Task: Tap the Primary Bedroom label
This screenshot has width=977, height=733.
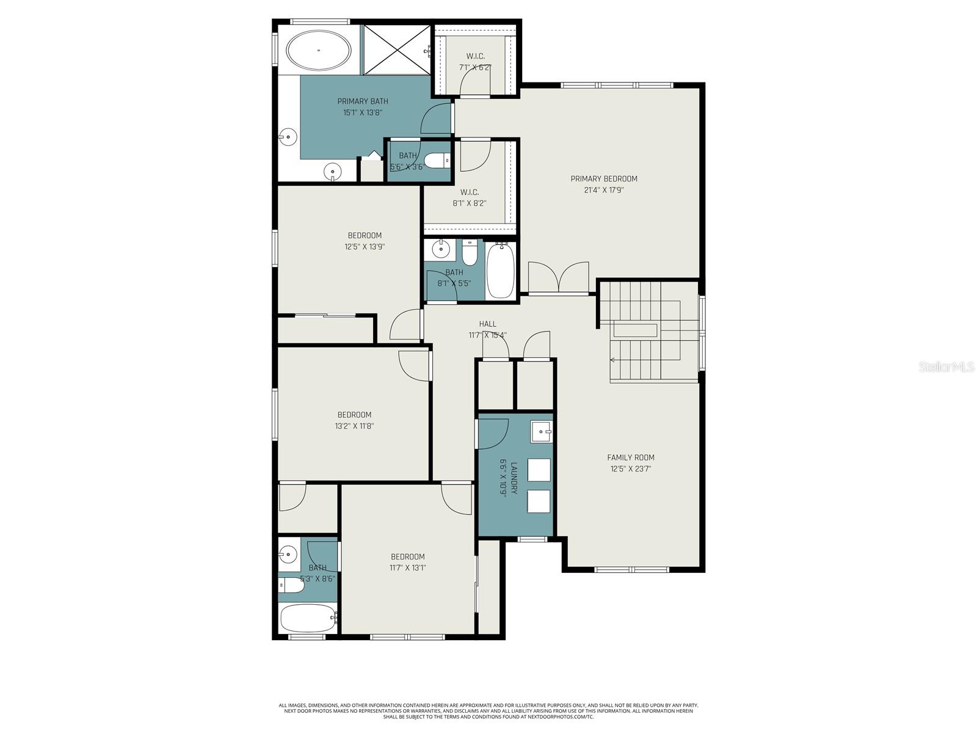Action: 603,179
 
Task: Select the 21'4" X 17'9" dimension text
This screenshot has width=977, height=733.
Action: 603,190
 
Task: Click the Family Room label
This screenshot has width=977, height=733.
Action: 630,458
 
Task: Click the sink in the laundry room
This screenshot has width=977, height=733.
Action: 540,431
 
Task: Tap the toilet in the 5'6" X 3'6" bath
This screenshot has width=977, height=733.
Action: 437,161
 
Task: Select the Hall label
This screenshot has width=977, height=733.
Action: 487,324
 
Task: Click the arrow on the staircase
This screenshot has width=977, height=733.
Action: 613,360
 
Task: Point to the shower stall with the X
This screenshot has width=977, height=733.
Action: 397,49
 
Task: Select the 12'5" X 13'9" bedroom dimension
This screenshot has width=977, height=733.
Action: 364,247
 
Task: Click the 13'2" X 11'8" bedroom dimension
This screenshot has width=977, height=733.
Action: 354,426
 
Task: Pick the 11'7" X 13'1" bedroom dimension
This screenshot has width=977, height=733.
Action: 407,567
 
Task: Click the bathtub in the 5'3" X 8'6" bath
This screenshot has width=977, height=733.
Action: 308,618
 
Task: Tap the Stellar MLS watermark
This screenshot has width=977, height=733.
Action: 946,366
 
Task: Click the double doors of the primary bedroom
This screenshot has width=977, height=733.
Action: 558,278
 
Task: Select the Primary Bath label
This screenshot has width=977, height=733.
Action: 362,101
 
